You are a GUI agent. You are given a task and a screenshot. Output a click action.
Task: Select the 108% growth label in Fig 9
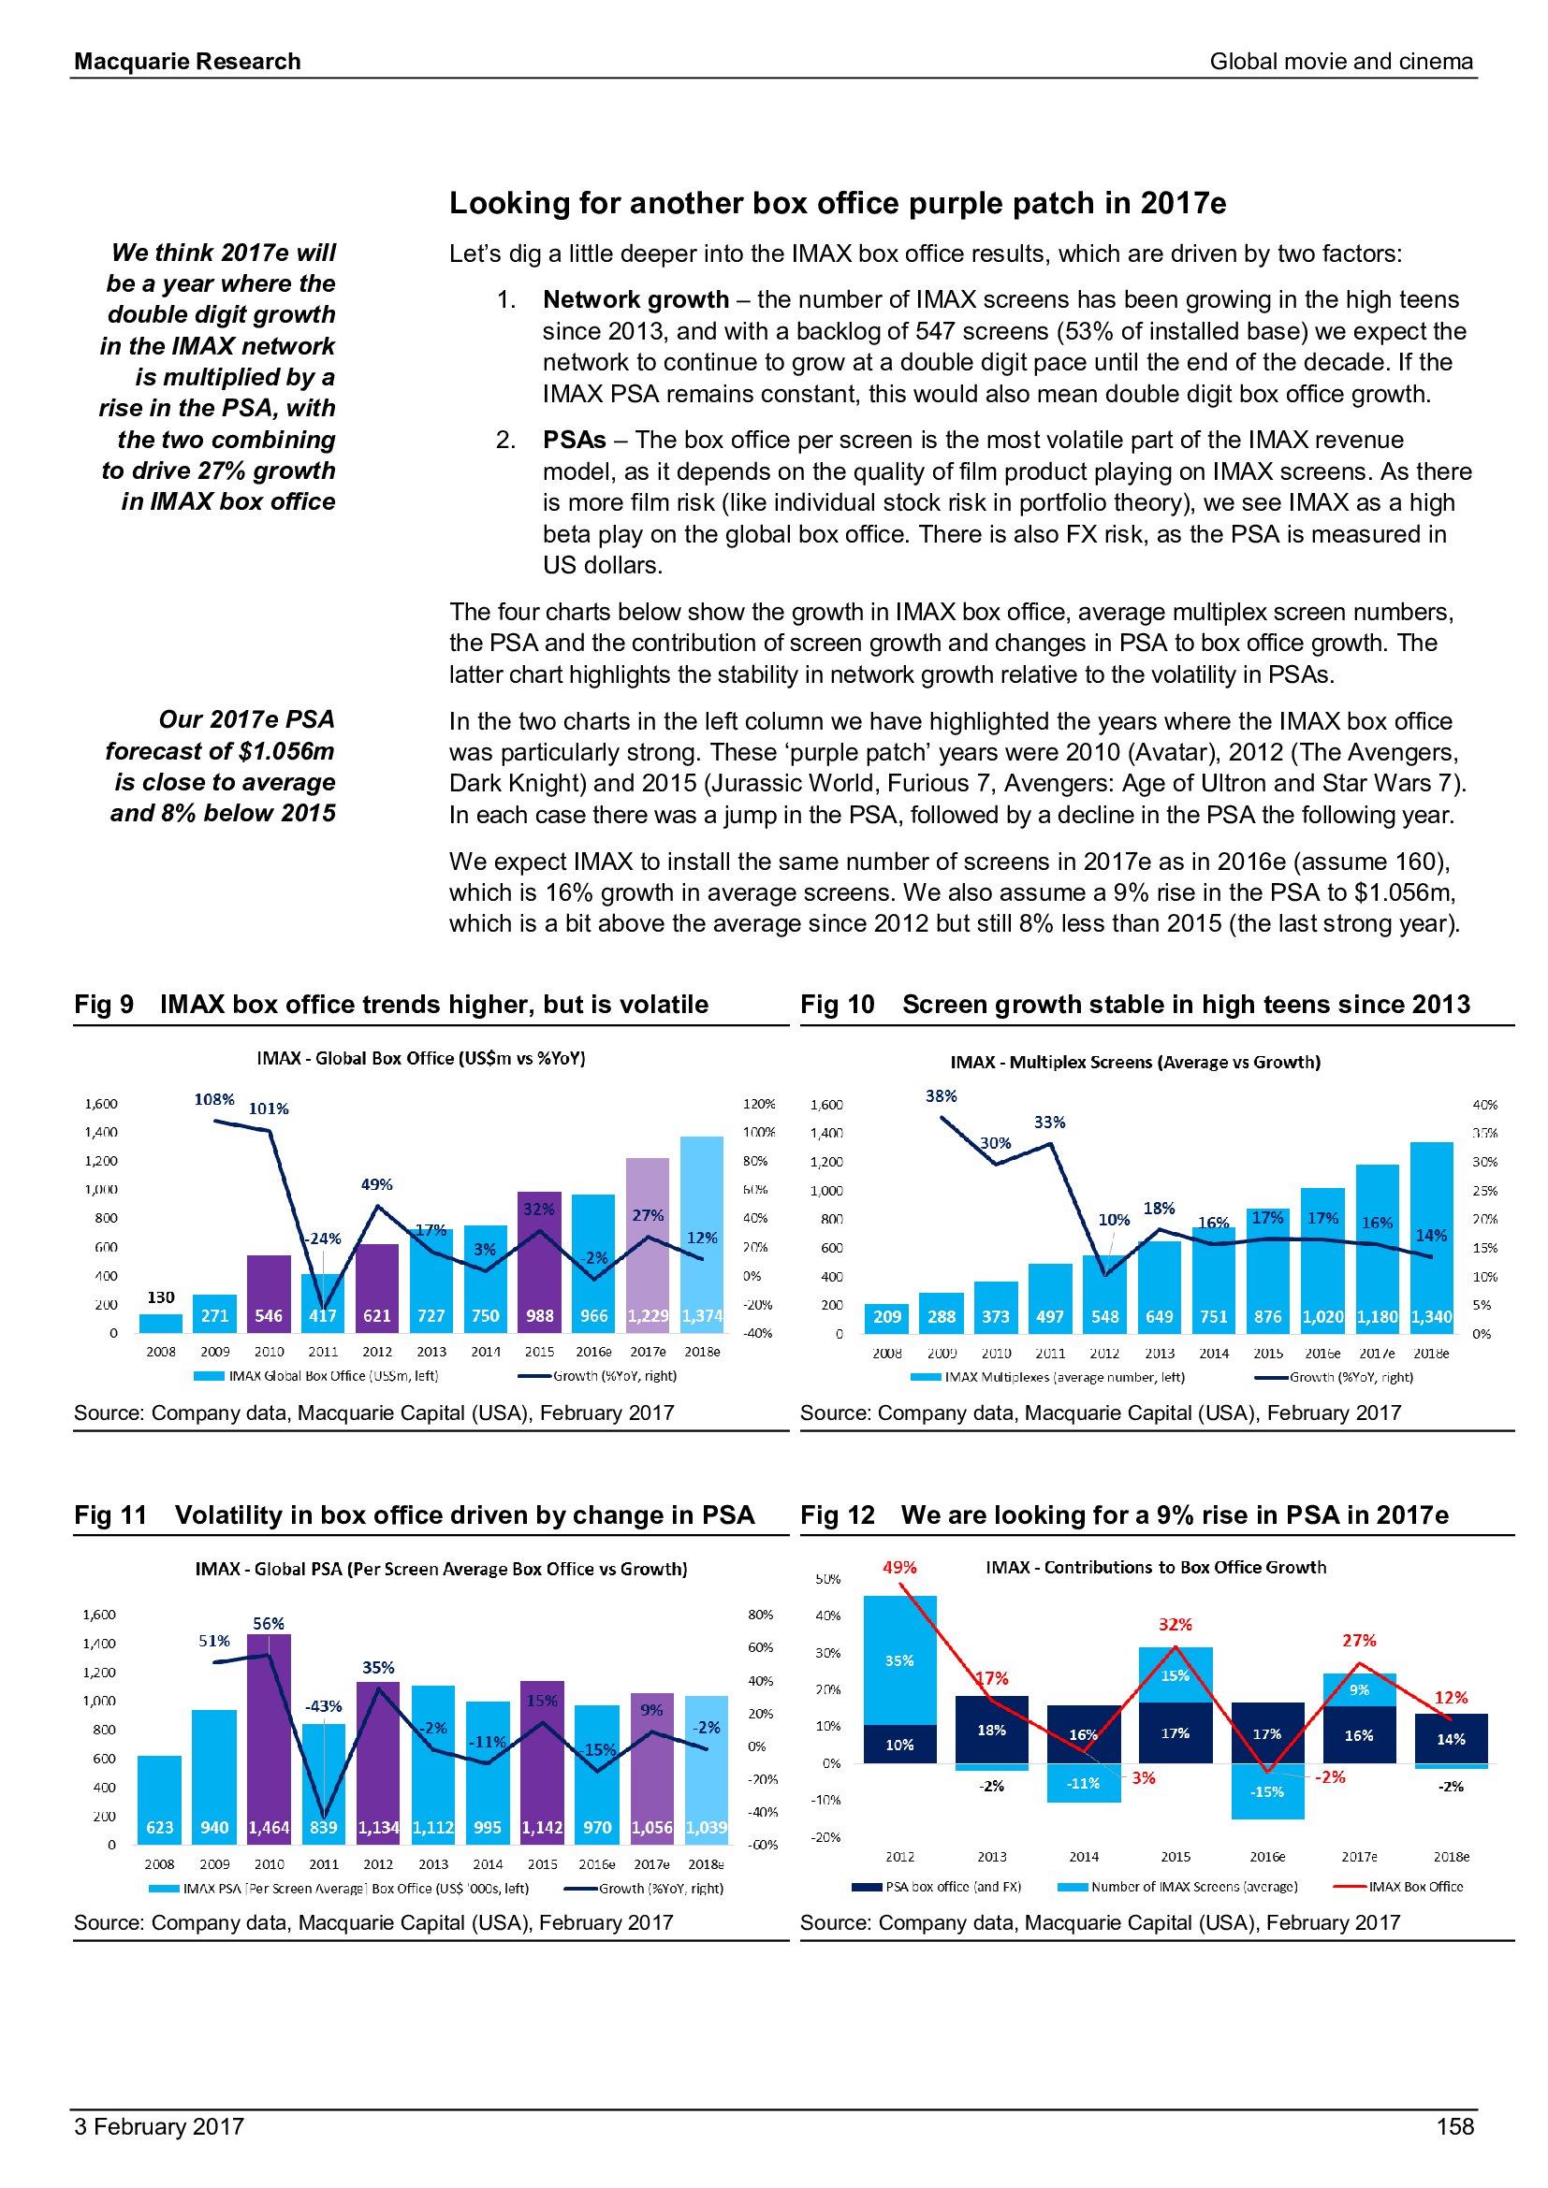[214, 1099]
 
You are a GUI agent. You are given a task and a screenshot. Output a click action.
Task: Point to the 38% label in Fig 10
[941, 1096]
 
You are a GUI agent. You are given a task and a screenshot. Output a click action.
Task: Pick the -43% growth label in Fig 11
[323, 1706]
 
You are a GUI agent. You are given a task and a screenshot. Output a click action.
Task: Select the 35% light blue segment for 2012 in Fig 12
[898, 1660]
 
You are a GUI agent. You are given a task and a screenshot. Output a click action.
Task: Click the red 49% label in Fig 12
[898, 1568]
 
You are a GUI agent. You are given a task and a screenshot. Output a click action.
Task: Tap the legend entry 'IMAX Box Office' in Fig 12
[1415, 1886]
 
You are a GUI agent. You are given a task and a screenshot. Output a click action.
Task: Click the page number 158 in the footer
[1454, 2126]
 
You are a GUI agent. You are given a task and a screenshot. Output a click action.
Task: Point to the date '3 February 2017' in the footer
[159, 2126]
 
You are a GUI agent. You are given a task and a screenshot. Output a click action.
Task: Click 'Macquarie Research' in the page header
[188, 62]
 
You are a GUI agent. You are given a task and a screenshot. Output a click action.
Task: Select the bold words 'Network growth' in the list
[635, 299]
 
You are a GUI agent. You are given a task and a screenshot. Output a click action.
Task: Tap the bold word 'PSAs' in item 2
[574, 440]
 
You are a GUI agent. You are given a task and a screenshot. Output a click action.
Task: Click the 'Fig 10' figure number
[837, 1005]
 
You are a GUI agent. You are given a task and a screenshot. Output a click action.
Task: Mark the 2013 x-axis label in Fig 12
[991, 1856]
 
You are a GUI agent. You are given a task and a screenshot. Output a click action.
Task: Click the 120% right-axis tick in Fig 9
[759, 1104]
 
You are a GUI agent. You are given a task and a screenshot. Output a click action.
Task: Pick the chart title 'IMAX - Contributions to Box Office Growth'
[1155, 1568]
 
